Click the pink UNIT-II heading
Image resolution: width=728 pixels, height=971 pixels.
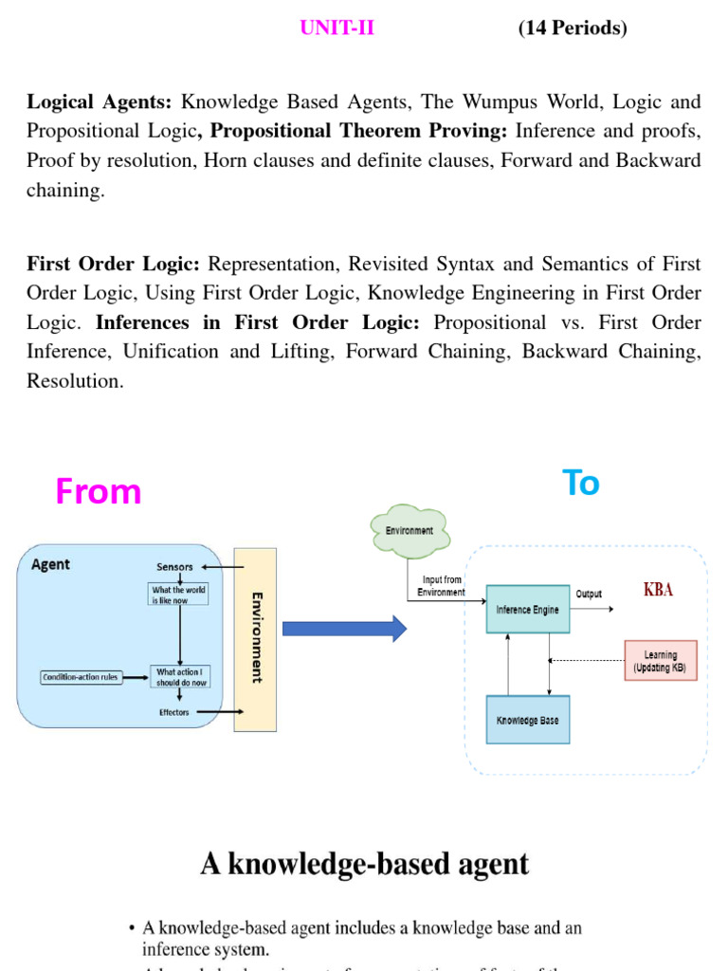(337, 28)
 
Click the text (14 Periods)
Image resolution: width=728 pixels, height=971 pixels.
(573, 28)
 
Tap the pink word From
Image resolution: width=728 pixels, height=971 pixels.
(98, 491)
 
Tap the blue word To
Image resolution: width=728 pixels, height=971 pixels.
(581, 483)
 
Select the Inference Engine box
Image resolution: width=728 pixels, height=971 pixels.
(528, 610)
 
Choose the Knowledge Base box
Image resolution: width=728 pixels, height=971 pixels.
(528, 720)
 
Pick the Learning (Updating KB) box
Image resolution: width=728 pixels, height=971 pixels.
(661, 660)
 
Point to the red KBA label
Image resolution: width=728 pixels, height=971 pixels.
(658, 590)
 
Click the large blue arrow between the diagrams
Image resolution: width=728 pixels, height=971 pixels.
(344, 628)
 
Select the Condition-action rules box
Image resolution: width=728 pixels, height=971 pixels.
(81, 677)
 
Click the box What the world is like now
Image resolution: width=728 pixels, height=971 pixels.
(179, 595)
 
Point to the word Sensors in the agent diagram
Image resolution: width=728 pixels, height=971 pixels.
(174, 567)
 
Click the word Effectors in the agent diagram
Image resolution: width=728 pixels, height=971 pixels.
(173, 712)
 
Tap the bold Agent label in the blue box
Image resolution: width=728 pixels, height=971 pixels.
(50, 564)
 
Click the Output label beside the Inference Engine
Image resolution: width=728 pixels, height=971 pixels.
(589, 595)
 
